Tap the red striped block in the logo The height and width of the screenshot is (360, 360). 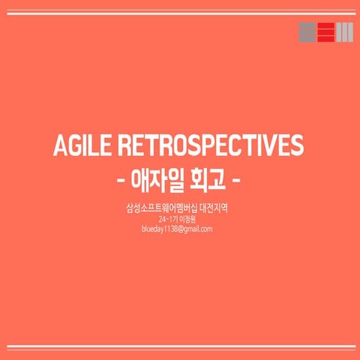(x=325, y=34)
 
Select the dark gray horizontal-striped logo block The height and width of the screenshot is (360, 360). (x=307, y=34)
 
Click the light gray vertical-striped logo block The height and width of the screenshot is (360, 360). (x=343, y=34)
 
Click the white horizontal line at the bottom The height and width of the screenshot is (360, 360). (x=180, y=346)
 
